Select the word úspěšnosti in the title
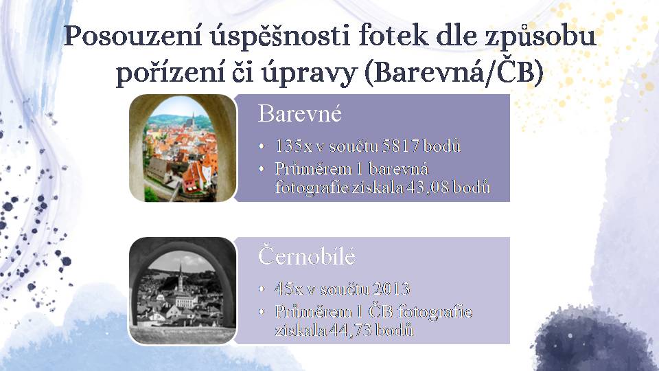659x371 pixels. pyautogui.click(x=280, y=36)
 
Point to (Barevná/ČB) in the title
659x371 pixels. pyautogui.click(x=454, y=72)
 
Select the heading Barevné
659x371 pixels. pyautogui.click(x=300, y=113)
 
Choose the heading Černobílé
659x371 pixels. pyautogui.click(x=306, y=256)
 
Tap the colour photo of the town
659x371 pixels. pyautogui.click(x=183, y=148)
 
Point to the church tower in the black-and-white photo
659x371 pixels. pyautogui.click(x=181, y=280)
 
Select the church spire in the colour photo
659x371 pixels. pyautogui.click(x=193, y=120)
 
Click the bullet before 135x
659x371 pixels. pyautogui.click(x=262, y=146)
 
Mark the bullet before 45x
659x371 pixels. pyautogui.click(x=262, y=289)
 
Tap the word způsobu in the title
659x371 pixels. pyautogui.click(x=541, y=37)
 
